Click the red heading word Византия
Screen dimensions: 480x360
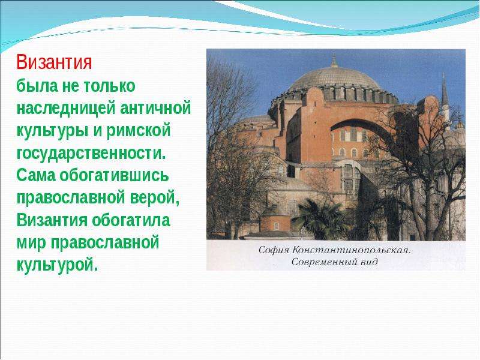point(54,62)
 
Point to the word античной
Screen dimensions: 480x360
point(155,108)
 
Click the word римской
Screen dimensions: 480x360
point(139,131)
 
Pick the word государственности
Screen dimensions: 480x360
point(91,154)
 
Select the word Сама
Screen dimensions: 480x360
point(35,175)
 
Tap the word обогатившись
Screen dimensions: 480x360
point(114,175)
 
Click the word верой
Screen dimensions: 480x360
point(155,198)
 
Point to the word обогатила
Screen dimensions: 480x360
point(131,220)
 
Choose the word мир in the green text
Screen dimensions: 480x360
point(31,243)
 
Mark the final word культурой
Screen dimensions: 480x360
point(57,265)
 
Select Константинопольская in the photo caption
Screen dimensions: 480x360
point(351,250)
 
